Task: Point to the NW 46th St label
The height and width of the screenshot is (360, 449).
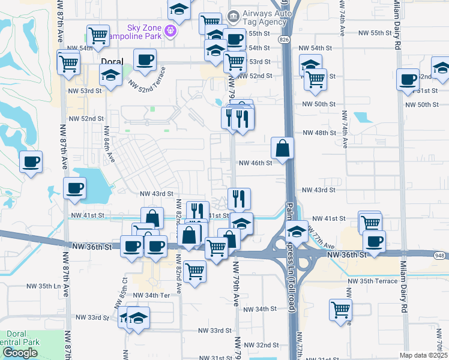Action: point(256,163)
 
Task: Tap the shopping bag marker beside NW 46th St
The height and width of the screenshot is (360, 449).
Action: point(283,148)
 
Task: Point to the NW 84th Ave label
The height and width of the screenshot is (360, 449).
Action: point(109,145)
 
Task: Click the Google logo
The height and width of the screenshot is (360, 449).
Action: point(20,352)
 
